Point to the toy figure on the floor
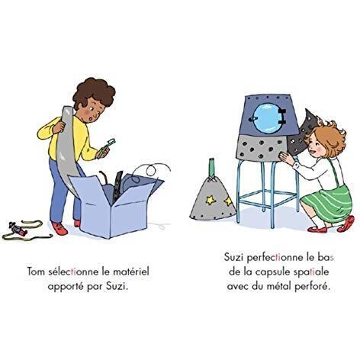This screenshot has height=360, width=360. (x=18, y=230)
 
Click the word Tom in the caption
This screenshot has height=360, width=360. (x=36, y=272)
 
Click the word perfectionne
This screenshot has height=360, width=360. (x=275, y=258)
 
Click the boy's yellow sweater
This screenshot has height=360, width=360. (x=69, y=139)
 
